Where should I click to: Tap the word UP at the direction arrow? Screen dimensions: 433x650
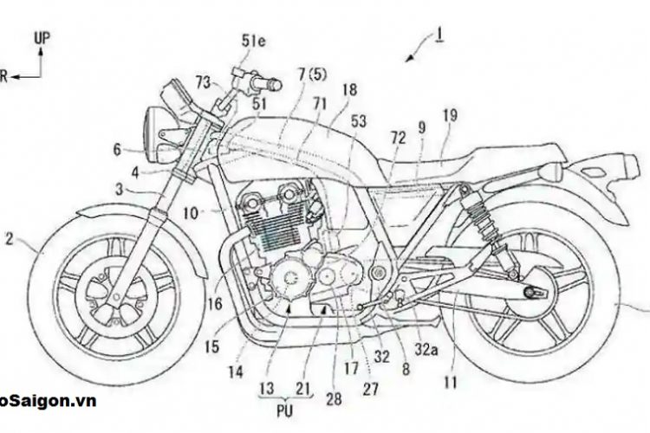pyautogui.click(x=40, y=38)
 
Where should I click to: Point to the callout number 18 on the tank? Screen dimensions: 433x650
pyautogui.click(x=348, y=89)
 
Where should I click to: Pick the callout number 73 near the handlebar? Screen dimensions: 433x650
pyautogui.click(x=203, y=82)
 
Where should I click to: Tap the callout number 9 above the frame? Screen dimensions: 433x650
pyautogui.click(x=422, y=126)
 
